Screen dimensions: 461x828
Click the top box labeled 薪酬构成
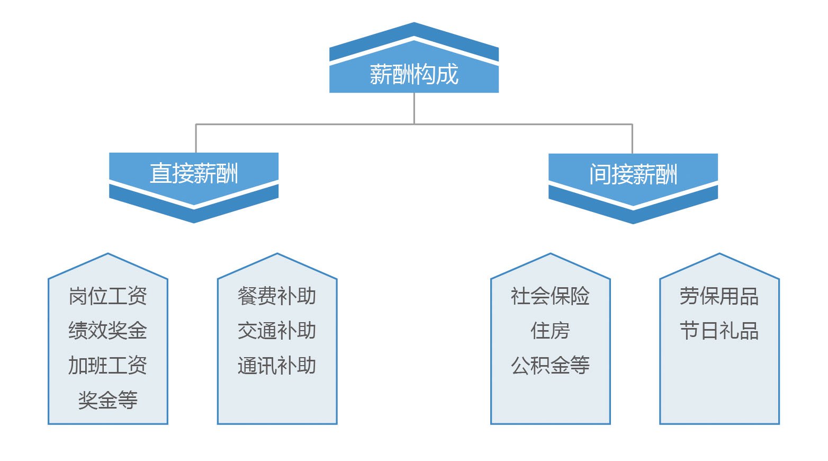414,74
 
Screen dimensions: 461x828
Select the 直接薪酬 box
194,173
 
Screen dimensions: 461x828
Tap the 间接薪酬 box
633,174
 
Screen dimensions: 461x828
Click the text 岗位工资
108,296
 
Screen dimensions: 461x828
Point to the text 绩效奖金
108,331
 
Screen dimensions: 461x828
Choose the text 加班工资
108,366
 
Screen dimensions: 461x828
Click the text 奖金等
108,400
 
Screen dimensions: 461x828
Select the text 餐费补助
277,296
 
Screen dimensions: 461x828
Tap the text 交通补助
277,331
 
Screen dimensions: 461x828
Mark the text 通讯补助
277,366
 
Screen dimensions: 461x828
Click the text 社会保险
550,296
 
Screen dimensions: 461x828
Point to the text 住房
550,331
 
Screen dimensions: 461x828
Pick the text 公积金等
550,366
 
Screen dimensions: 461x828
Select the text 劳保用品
719,296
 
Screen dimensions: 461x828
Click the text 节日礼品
719,331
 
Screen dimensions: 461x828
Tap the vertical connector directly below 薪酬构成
414,109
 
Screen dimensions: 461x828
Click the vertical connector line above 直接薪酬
196,138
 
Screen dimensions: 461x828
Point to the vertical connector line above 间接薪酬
632,139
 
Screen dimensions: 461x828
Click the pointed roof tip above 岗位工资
108,255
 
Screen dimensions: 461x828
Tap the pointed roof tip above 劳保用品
719,255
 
